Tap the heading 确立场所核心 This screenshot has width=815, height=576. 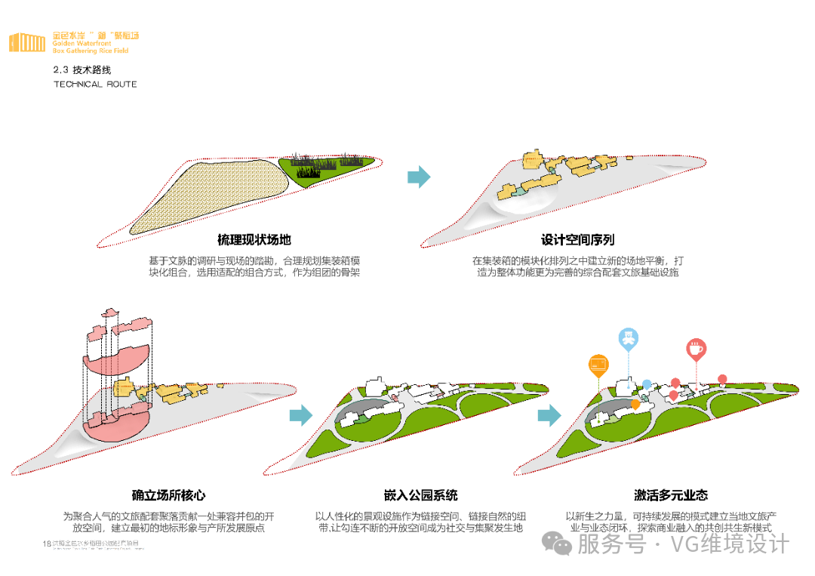(x=168, y=496)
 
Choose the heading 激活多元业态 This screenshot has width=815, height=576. (x=671, y=496)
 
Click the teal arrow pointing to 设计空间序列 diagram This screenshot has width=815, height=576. (x=419, y=177)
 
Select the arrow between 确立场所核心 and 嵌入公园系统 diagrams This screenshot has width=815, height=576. (x=301, y=414)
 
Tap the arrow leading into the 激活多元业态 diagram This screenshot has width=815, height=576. (x=549, y=414)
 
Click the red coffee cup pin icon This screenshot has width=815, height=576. (x=695, y=349)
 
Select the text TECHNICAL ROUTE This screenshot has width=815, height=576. (x=95, y=84)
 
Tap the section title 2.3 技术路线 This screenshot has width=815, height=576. (x=81, y=69)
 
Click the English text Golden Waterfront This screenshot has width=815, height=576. (x=72, y=44)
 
